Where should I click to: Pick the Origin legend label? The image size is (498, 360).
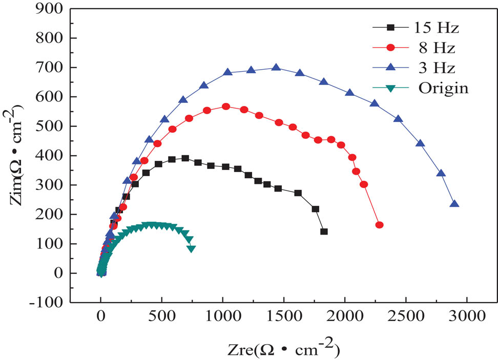[x=443, y=88]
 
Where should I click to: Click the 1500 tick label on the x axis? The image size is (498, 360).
[x=283, y=316]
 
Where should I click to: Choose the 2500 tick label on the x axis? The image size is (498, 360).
[x=405, y=316]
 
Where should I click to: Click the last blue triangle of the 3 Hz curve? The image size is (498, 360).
[x=454, y=204]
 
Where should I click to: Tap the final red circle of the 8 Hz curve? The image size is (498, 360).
[x=380, y=225]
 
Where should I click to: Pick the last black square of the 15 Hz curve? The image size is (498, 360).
[x=324, y=231]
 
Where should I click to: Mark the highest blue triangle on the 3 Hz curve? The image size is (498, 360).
[x=276, y=68]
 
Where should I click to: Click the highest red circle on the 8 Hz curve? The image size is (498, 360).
[x=225, y=107]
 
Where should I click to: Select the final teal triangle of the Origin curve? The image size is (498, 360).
[x=191, y=249]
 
